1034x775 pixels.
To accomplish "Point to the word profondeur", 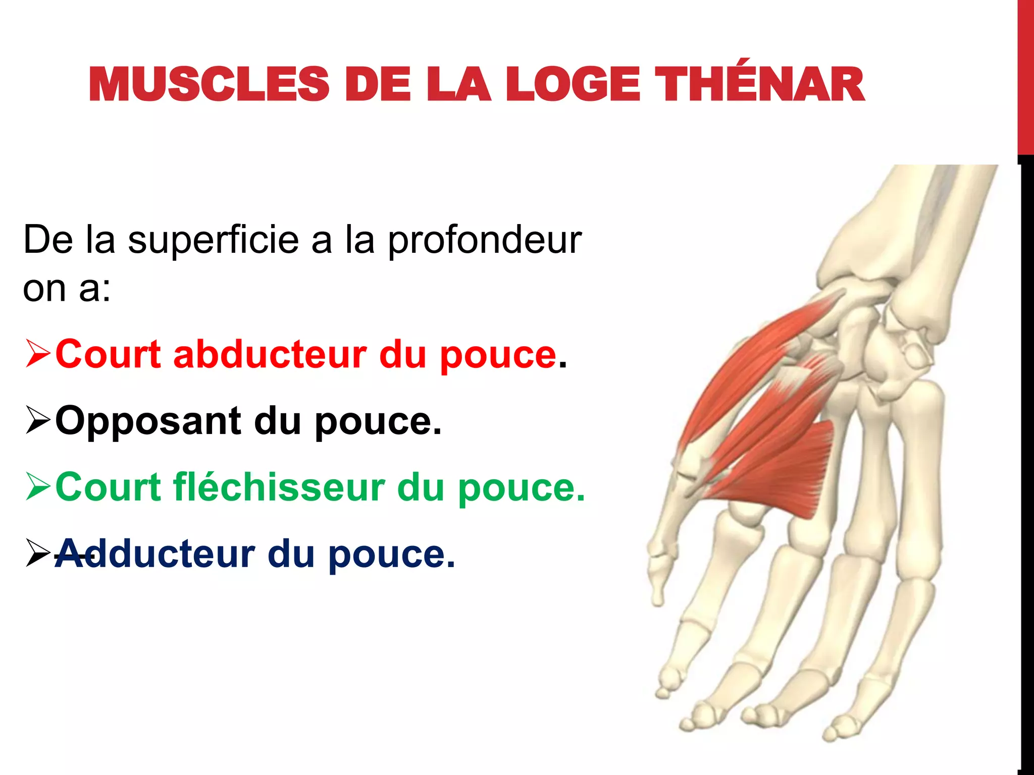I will coord(485,241).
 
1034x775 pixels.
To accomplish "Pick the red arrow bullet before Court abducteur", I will coord(38,354).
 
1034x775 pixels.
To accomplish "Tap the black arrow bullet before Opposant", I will coord(38,421).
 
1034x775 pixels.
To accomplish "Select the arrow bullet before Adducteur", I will coord(38,554).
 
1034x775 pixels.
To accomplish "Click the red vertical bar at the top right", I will coord(1025,76).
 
